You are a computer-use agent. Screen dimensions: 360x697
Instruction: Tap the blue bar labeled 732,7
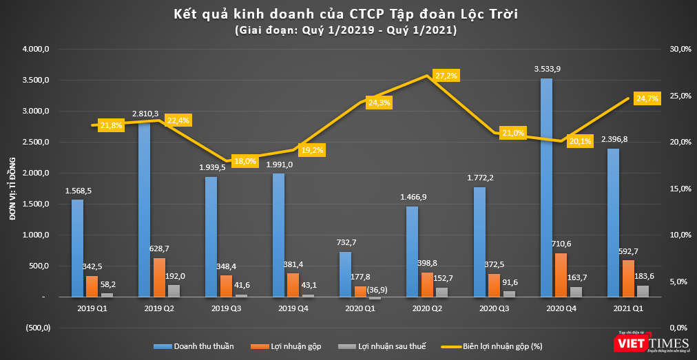(345, 274)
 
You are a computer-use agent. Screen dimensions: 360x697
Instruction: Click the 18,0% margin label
(245, 161)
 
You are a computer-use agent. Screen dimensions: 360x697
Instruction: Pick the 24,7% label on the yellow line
(647, 98)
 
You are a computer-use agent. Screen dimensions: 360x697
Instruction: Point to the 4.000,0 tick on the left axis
(36, 50)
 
